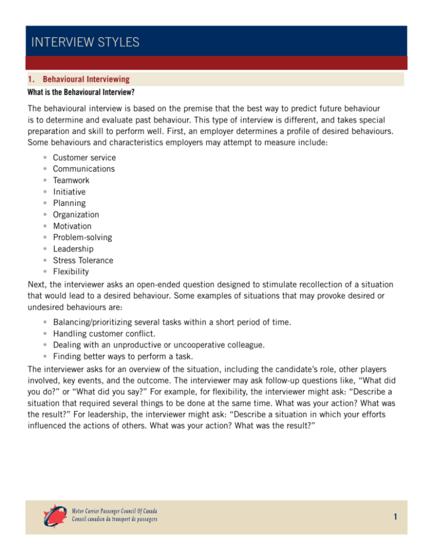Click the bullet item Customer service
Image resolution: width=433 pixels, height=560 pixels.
(x=83, y=157)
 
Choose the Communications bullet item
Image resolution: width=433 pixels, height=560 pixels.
(x=84, y=168)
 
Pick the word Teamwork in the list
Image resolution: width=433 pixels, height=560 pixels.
(x=71, y=180)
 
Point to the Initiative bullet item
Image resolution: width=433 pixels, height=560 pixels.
(x=69, y=192)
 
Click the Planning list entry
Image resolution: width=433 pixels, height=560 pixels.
(x=69, y=203)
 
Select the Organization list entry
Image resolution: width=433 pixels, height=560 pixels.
(x=76, y=215)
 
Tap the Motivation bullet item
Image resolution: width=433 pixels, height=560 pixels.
(x=72, y=226)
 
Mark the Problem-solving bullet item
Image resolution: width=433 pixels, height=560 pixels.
(x=82, y=237)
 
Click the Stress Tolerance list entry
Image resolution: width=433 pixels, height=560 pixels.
(x=83, y=260)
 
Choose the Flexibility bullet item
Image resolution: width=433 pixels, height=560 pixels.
(x=72, y=272)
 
